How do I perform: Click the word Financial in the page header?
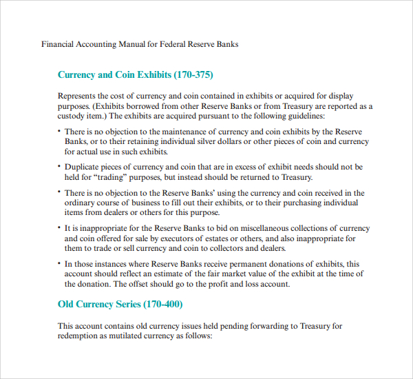57,44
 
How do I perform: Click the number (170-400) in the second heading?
158,304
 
